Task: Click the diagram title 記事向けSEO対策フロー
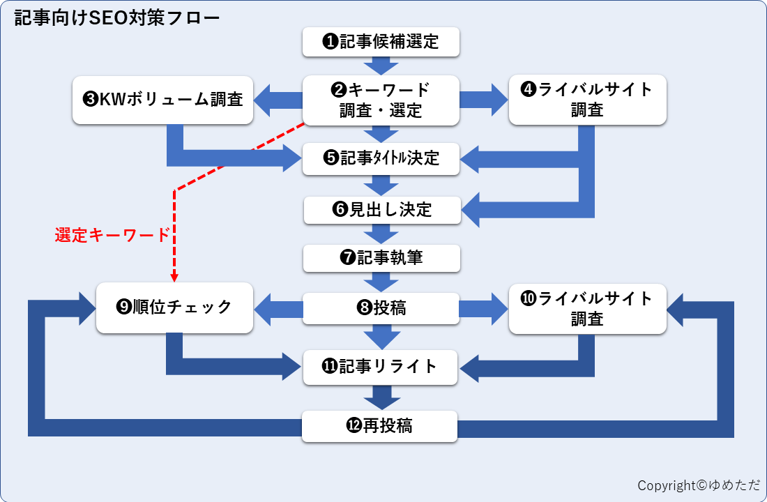point(117,17)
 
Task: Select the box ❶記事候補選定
point(381,42)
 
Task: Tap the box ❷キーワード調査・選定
point(381,100)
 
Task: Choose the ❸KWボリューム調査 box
point(162,100)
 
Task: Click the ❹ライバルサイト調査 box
point(587,100)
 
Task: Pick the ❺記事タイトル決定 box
point(381,158)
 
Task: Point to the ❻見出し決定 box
point(382,210)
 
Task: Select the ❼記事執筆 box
point(381,258)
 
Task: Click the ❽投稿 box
point(381,308)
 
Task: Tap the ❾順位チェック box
point(174,307)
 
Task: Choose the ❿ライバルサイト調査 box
point(587,308)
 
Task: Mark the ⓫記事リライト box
point(381,367)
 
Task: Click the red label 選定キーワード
point(112,236)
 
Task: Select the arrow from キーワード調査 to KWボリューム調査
point(276,100)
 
